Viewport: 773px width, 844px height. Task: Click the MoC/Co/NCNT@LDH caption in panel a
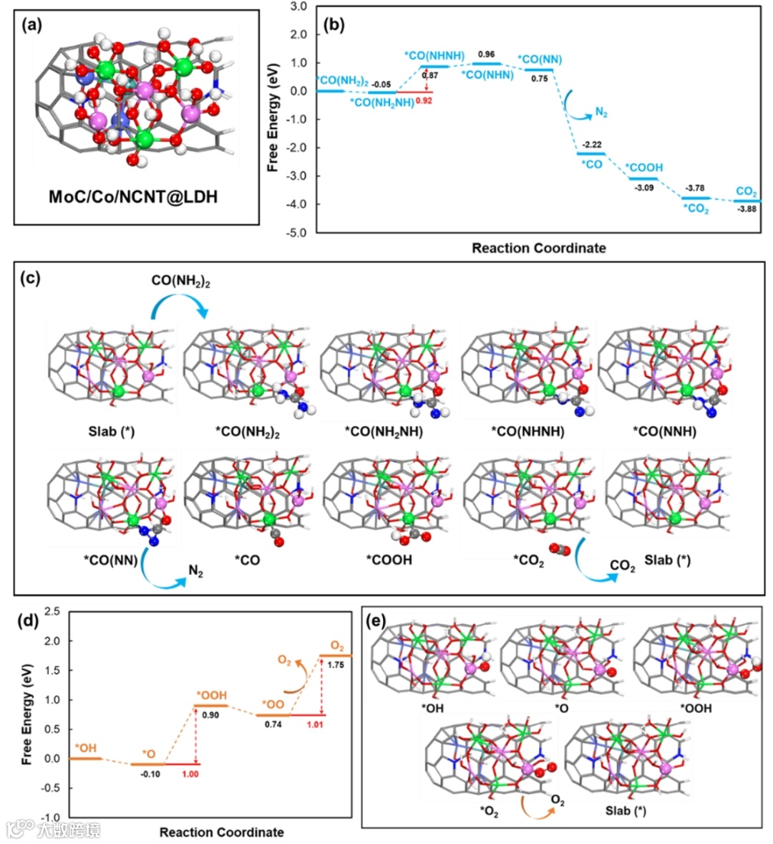[x=132, y=196]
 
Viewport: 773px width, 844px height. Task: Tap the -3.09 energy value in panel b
[x=645, y=188]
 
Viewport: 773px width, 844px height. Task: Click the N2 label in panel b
[x=601, y=113]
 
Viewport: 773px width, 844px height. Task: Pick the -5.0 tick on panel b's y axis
[x=297, y=233]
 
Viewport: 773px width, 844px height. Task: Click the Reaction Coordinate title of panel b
[x=538, y=249]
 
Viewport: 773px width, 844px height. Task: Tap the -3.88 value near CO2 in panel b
[x=746, y=209]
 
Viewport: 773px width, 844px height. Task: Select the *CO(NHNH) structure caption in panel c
[x=528, y=431]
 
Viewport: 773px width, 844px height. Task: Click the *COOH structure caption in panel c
[x=389, y=560]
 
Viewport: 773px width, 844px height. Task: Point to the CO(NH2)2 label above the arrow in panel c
[x=180, y=281]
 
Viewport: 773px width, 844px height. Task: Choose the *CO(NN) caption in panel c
[x=111, y=560]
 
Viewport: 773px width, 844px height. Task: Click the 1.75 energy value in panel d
[x=335, y=665]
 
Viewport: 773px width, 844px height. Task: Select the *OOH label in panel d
[x=212, y=695]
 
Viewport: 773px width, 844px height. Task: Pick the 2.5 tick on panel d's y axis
[x=51, y=611]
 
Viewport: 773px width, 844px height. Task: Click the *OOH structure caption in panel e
[x=695, y=709]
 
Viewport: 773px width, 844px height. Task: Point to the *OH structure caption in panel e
[x=432, y=709]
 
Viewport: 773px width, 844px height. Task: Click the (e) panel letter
[x=376, y=620]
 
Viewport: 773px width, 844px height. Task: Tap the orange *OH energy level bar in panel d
[x=85, y=758]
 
